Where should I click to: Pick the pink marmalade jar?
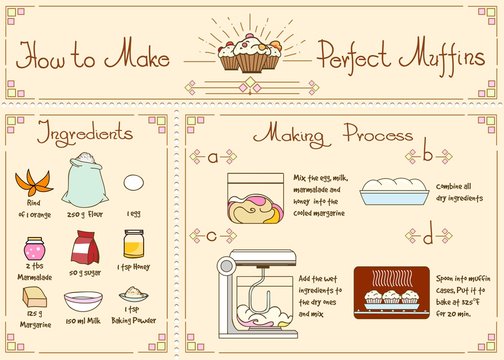click(x=35, y=247)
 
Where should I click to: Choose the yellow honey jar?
click(x=133, y=244)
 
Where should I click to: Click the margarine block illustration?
click(x=35, y=297)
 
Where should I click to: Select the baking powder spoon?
click(x=133, y=295)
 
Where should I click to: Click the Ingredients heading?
click(x=85, y=132)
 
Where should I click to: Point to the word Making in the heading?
click(x=287, y=133)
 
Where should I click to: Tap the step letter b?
click(x=428, y=154)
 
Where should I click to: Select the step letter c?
click(x=213, y=236)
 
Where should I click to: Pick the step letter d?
click(x=428, y=237)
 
